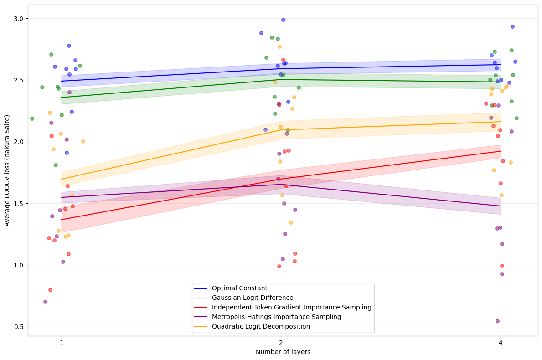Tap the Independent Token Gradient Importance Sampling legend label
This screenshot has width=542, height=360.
coord(291,307)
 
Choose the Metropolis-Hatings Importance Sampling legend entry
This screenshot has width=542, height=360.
coord(276,317)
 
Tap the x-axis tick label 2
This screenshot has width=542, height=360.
coord(281,343)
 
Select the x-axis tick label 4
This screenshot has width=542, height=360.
coord(501,343)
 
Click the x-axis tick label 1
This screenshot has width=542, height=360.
coord(62,343)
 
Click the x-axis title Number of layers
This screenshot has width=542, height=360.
coord(283,352)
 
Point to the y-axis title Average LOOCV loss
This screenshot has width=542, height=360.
coord(7,170)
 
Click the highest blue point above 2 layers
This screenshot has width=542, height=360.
coord(283,20)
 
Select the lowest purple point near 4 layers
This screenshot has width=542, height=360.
coord(497,321)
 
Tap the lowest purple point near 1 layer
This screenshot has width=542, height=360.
coord(45,302)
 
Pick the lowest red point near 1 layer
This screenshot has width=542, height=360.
coord(50,290)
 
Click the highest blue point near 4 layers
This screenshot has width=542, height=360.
coord(512,26)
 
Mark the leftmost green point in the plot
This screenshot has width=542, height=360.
coord(32,118)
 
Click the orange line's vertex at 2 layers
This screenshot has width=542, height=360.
coord(281,130)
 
